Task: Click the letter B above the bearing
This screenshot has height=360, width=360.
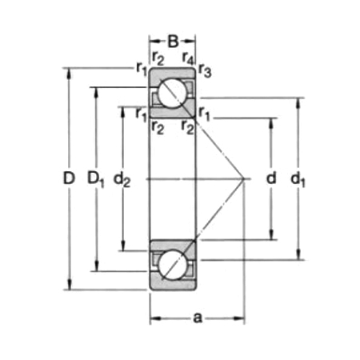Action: (x=172, y=37)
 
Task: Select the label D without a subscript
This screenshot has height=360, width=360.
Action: (x=69, y=180)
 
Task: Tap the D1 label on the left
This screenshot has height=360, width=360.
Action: (x=96, y=180)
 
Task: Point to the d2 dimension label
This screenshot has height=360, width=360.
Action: (x=123, y=181)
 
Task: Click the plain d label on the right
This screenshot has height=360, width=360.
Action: (x=270, y=179)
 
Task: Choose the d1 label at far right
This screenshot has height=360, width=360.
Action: (x=299, y=181)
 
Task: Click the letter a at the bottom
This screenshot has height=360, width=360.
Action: (x=197, y=318)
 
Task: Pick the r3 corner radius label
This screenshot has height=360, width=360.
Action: (x=204, y=70)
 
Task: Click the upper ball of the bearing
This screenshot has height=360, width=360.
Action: (x=172, y=94)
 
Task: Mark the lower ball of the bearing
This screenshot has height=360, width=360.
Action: (x=172, y=265)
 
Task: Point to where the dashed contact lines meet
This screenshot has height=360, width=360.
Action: (x=244, y=179)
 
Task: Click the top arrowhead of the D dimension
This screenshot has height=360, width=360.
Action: (x=69, y=73)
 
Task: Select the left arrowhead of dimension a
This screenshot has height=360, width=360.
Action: (x=154, y=318)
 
